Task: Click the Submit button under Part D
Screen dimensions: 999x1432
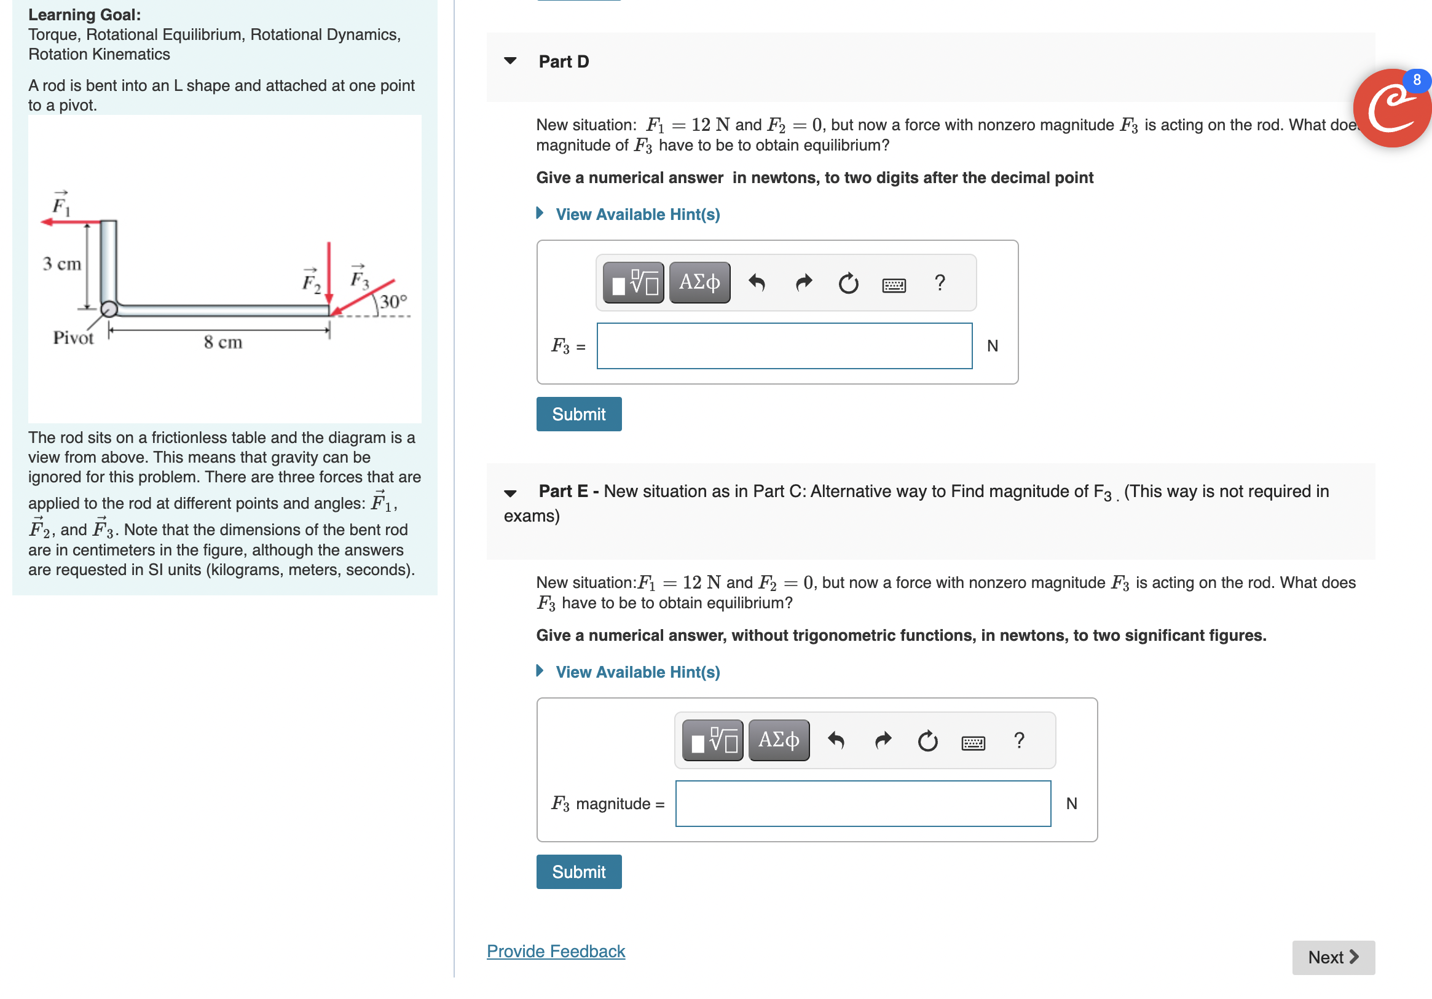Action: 578,414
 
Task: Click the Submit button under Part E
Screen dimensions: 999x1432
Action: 578,871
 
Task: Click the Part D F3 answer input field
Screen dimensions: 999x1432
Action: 784,345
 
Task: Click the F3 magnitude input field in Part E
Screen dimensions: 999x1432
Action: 862,803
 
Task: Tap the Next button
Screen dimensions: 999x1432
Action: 1333,957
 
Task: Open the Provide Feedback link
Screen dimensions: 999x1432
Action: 555,951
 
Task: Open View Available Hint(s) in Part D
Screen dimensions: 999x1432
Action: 637,214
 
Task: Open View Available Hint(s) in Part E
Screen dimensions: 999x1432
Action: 637,672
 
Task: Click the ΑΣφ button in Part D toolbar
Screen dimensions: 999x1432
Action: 699,283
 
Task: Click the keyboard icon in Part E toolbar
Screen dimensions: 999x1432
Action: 972,742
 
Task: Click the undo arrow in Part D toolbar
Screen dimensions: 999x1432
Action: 756,283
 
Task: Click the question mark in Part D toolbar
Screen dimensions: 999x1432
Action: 939,283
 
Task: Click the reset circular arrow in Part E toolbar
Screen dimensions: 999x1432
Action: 927,741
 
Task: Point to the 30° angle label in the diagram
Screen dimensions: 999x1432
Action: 393,302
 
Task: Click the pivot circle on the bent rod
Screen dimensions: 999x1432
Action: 109,308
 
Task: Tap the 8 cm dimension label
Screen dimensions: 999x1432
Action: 222,342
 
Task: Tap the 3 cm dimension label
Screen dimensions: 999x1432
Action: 61,264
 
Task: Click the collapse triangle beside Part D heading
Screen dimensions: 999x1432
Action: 510,61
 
